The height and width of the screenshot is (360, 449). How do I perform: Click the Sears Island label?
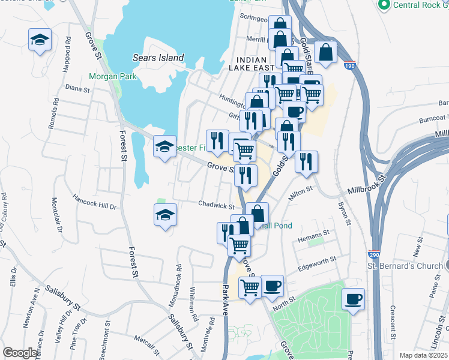click(158, 58)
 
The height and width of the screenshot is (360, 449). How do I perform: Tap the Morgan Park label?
click(112, 76)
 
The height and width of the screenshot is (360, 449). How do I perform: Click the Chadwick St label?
click(215, 204)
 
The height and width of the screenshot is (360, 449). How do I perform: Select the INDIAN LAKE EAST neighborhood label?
click(264, 64)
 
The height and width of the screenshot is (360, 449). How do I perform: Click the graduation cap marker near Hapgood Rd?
click(40, 40)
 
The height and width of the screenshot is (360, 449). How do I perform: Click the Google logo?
click(19, 353)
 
